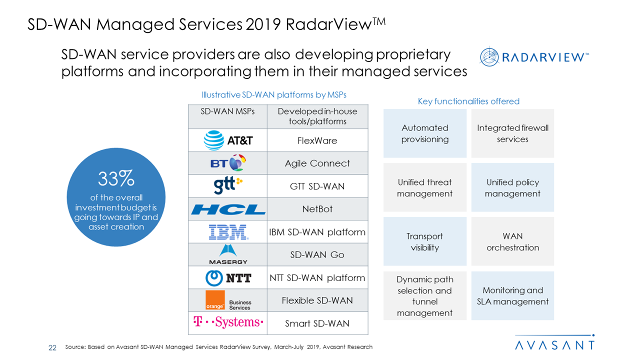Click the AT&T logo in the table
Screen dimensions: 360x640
point(228,140)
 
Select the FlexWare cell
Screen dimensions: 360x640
point(317,140)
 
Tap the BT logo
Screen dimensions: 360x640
point(228,163)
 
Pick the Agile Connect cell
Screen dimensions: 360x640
point(317,163)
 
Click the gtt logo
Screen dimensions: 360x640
point(228,186)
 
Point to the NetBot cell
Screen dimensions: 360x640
point(317,209)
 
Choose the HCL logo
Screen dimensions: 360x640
point(228,209)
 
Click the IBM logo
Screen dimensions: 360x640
point(228,232)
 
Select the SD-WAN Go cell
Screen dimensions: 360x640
point(317,255)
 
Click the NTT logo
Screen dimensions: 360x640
point(228,277)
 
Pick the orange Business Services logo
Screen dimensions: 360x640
point(228,300)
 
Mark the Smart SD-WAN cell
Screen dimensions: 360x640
point(317,323)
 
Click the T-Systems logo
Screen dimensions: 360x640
point(228,323)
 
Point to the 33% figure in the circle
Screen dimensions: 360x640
point(116,178)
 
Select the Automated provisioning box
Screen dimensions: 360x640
point(424,133)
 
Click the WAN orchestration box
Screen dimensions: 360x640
point(512,241)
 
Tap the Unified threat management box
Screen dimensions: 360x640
point(424,187)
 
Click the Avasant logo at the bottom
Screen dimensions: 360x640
point(554,344)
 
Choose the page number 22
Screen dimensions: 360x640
point(52,347)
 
